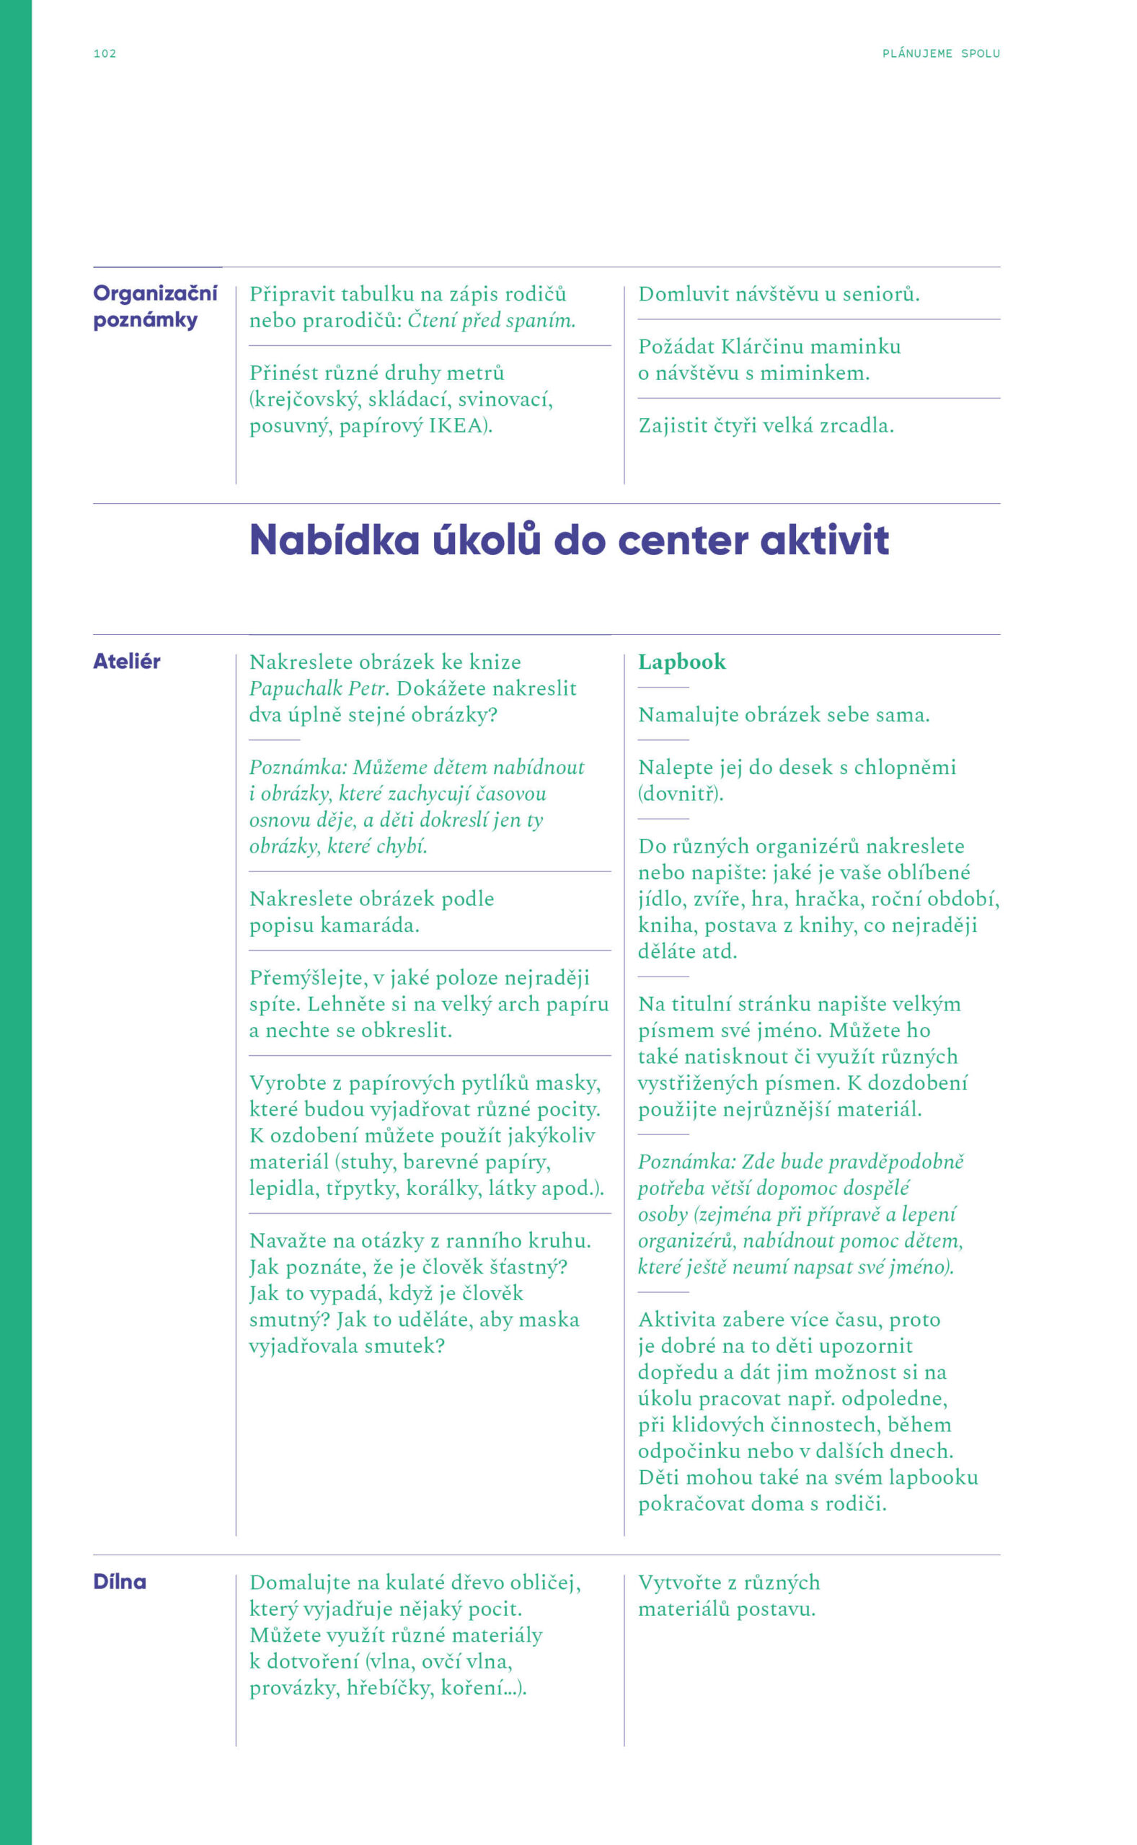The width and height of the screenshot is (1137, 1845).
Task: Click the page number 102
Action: pos(105,53)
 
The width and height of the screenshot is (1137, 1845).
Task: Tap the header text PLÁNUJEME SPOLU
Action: pos(941,53)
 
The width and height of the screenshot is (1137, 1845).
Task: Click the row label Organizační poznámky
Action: pos(154,306)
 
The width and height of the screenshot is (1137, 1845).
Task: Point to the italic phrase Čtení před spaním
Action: pos(491,321)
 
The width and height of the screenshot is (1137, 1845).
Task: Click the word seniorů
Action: pos(880,295)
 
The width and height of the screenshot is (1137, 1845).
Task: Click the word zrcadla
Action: pos(857,426)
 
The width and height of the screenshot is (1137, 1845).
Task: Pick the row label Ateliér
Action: pos(126,662)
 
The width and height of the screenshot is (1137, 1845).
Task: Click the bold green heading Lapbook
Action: pos(681,662)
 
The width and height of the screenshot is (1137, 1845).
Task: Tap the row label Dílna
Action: pos(120,1582)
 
